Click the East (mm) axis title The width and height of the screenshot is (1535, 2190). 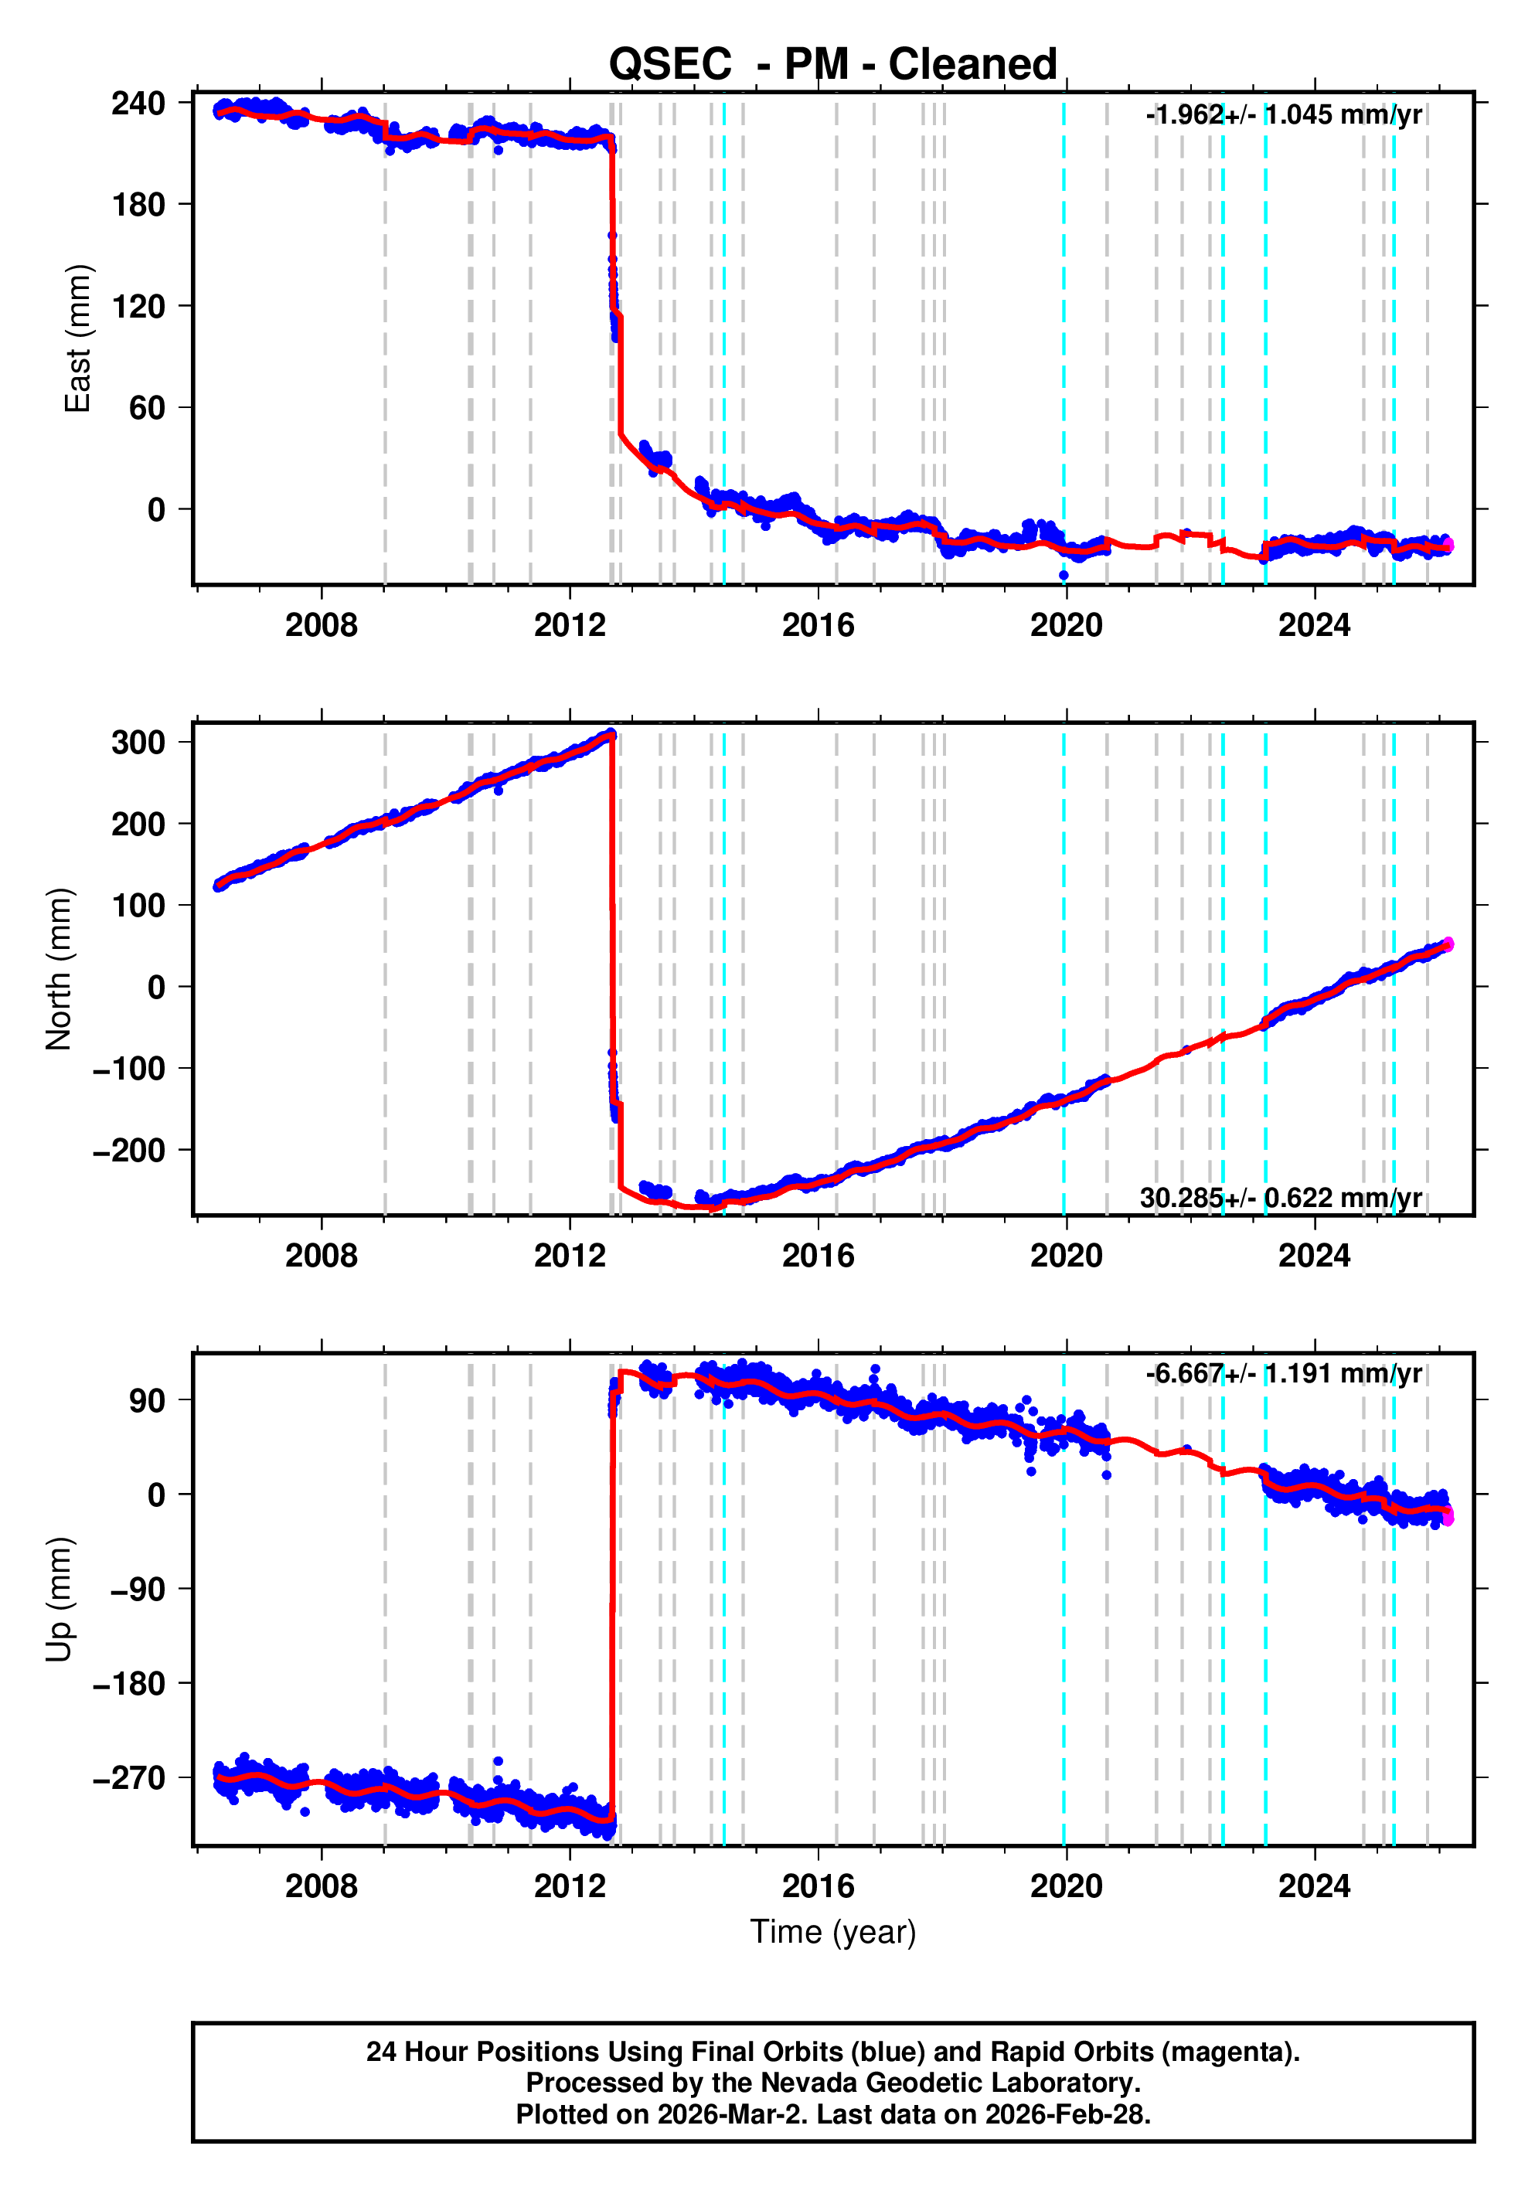[77, 338]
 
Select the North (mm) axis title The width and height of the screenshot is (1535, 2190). [60, 969]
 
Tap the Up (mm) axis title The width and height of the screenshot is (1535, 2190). [60, 1600]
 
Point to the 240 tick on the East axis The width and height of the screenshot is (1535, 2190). [138, 103]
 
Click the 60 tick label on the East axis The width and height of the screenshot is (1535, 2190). [148, 408]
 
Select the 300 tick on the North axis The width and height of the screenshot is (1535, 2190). [138, 742]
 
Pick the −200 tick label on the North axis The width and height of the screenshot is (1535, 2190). [129, 1151]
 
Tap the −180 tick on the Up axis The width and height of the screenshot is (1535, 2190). [129, 1684]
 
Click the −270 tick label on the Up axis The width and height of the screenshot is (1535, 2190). [129, 1778]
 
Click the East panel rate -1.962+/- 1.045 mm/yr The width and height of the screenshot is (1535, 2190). [1283, 115]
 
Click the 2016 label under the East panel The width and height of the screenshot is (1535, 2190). [818, 626]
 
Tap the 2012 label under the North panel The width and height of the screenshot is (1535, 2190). [570, 1257]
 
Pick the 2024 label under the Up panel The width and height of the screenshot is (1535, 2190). [1314, 1886]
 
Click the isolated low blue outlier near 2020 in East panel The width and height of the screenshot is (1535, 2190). [1064, 575]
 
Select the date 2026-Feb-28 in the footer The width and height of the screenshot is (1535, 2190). [1067, 2114]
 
